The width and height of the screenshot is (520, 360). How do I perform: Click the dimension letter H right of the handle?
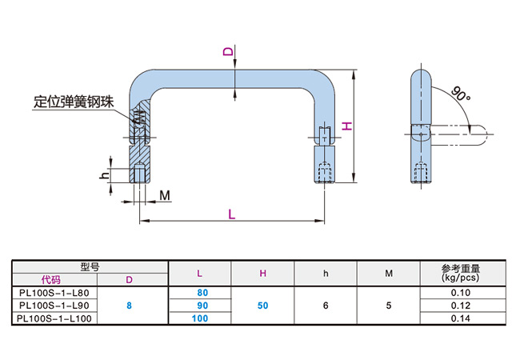coord(346,126)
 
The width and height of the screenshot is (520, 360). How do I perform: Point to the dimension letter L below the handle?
coord(231,214)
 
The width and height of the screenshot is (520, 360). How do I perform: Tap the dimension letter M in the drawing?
coord(164,194)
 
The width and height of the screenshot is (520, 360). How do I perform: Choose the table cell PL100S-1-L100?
coord(54,318)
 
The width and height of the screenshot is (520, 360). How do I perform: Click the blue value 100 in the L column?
coord(199,318)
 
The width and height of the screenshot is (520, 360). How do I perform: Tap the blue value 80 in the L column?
coord(202,293)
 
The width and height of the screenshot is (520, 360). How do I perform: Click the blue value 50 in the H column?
coord(262,306)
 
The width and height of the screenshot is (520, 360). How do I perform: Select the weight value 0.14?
coord(460,318)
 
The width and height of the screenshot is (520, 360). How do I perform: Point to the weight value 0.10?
coord(460,293)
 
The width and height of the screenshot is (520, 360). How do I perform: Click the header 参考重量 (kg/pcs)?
coord(460,273)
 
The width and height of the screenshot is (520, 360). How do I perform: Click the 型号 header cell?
coord(88,266)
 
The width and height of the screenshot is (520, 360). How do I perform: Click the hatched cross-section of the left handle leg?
coord(139,132)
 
